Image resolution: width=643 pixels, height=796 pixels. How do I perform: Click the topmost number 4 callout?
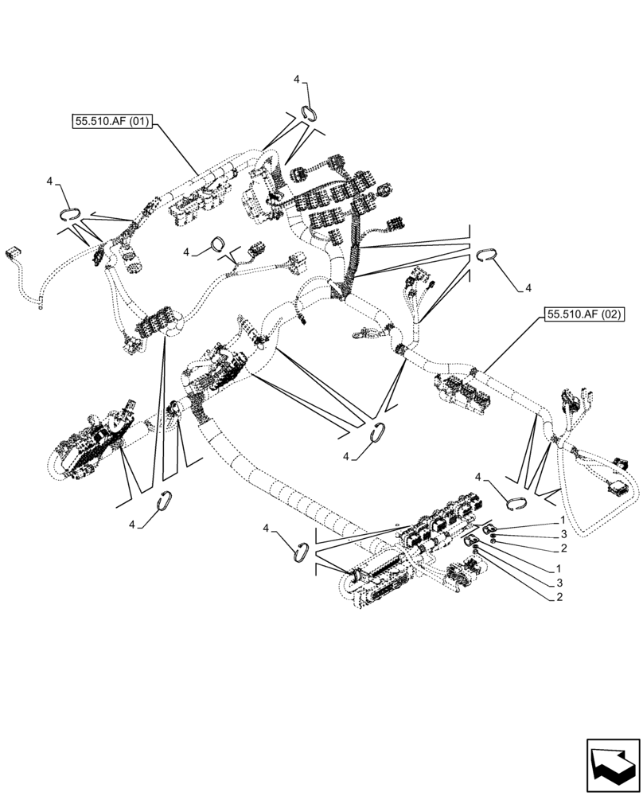(x=296, y=80)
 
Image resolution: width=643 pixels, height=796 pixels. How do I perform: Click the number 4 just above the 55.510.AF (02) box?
(x=528, y=287)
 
